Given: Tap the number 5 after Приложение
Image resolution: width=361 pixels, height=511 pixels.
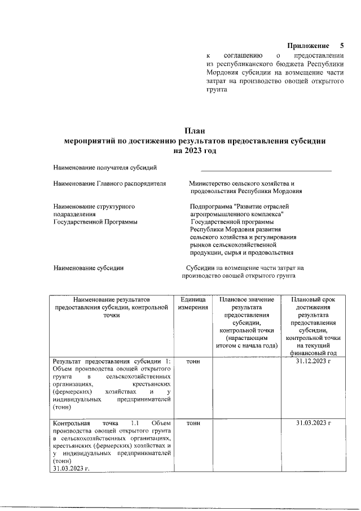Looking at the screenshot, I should click(341, 45).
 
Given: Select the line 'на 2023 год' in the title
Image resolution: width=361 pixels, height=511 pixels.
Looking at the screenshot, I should click(195, 151).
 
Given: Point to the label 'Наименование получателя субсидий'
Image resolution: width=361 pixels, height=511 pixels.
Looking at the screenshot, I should click(104, 167).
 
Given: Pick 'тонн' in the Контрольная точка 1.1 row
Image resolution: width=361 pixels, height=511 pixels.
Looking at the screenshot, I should click(193, 423).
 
